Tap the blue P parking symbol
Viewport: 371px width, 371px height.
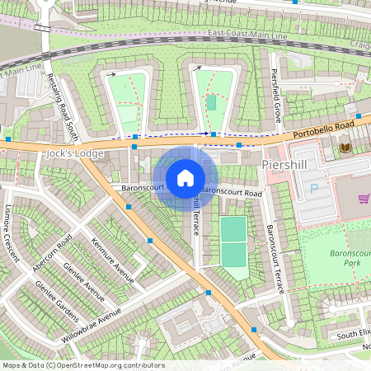312,189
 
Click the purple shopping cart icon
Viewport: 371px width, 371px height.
364,199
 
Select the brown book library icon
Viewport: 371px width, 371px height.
345,147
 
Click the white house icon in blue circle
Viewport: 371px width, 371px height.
185,177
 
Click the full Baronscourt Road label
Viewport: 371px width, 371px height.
231,192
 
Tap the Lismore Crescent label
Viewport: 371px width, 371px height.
12,232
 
